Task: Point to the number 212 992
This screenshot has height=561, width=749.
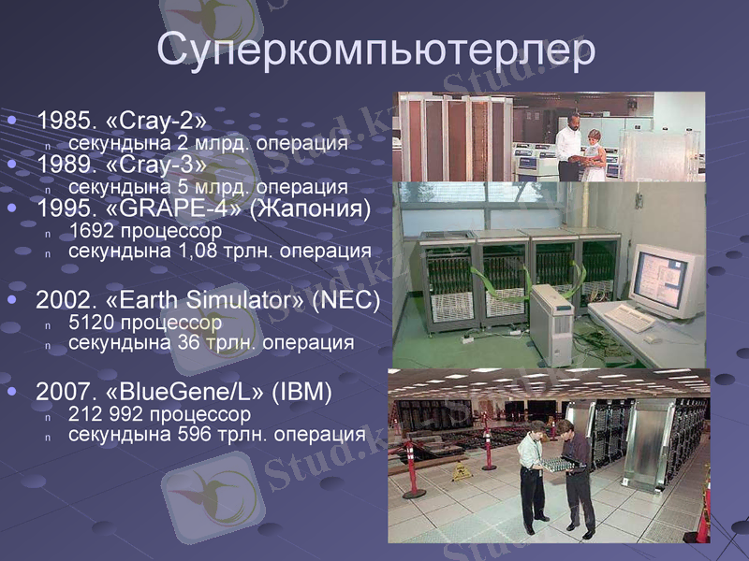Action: click(x=108, y=413)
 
